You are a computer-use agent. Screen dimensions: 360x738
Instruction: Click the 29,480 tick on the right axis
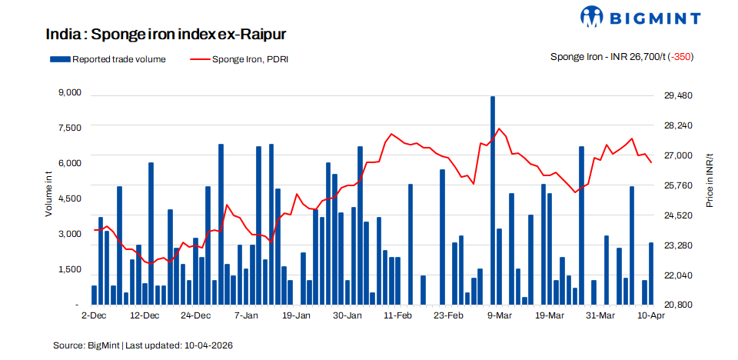tap(678, 95)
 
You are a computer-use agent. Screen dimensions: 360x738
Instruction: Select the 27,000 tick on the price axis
tap(678, 155)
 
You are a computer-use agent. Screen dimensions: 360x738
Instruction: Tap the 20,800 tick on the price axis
tap(678, 305)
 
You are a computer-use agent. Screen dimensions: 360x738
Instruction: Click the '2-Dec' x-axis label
tap(93, 315)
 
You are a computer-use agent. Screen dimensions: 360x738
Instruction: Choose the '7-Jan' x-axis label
tap(246, 315)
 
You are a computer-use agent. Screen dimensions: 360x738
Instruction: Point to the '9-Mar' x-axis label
tap(500, 315)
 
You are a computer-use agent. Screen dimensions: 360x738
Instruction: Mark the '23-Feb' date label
tap(448, 315)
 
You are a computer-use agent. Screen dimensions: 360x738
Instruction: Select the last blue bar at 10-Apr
tap(651, 274)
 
